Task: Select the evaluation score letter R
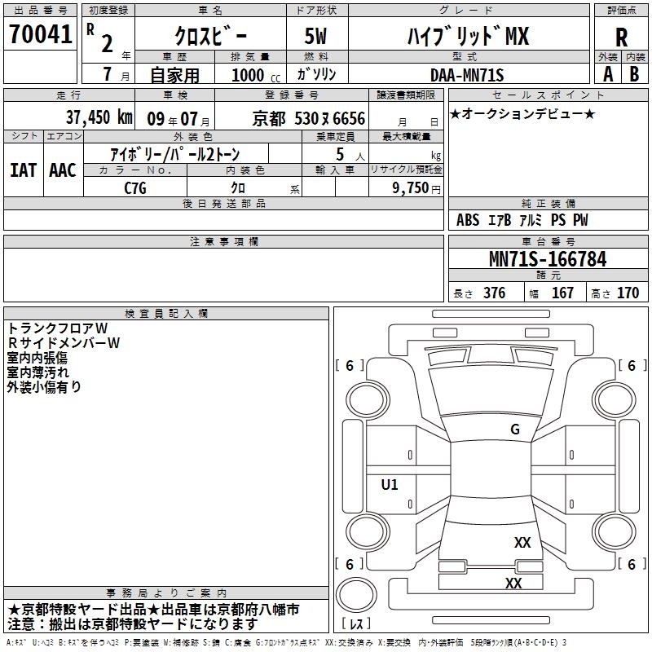click(x=621, y=37)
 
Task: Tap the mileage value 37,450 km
click(x=99, y=117)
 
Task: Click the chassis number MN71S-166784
click(x=547, y=260)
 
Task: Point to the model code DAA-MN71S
click(x=467, y=74)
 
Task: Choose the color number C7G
click(x=135, y=187)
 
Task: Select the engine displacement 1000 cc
click(x=254, y=75)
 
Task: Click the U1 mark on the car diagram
click(x=390, y=485)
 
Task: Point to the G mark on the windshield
click(x=514, y=430)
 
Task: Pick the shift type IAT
click(x=24, y=170)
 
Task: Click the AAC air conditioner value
click(x=63, y=170)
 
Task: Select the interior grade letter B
click(x=634, y=74)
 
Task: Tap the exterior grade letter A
click(x=607, y=74)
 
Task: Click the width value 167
click(x=562, y=293)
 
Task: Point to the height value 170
click(x=628, y=293)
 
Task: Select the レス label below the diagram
click(x=359, y=625)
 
